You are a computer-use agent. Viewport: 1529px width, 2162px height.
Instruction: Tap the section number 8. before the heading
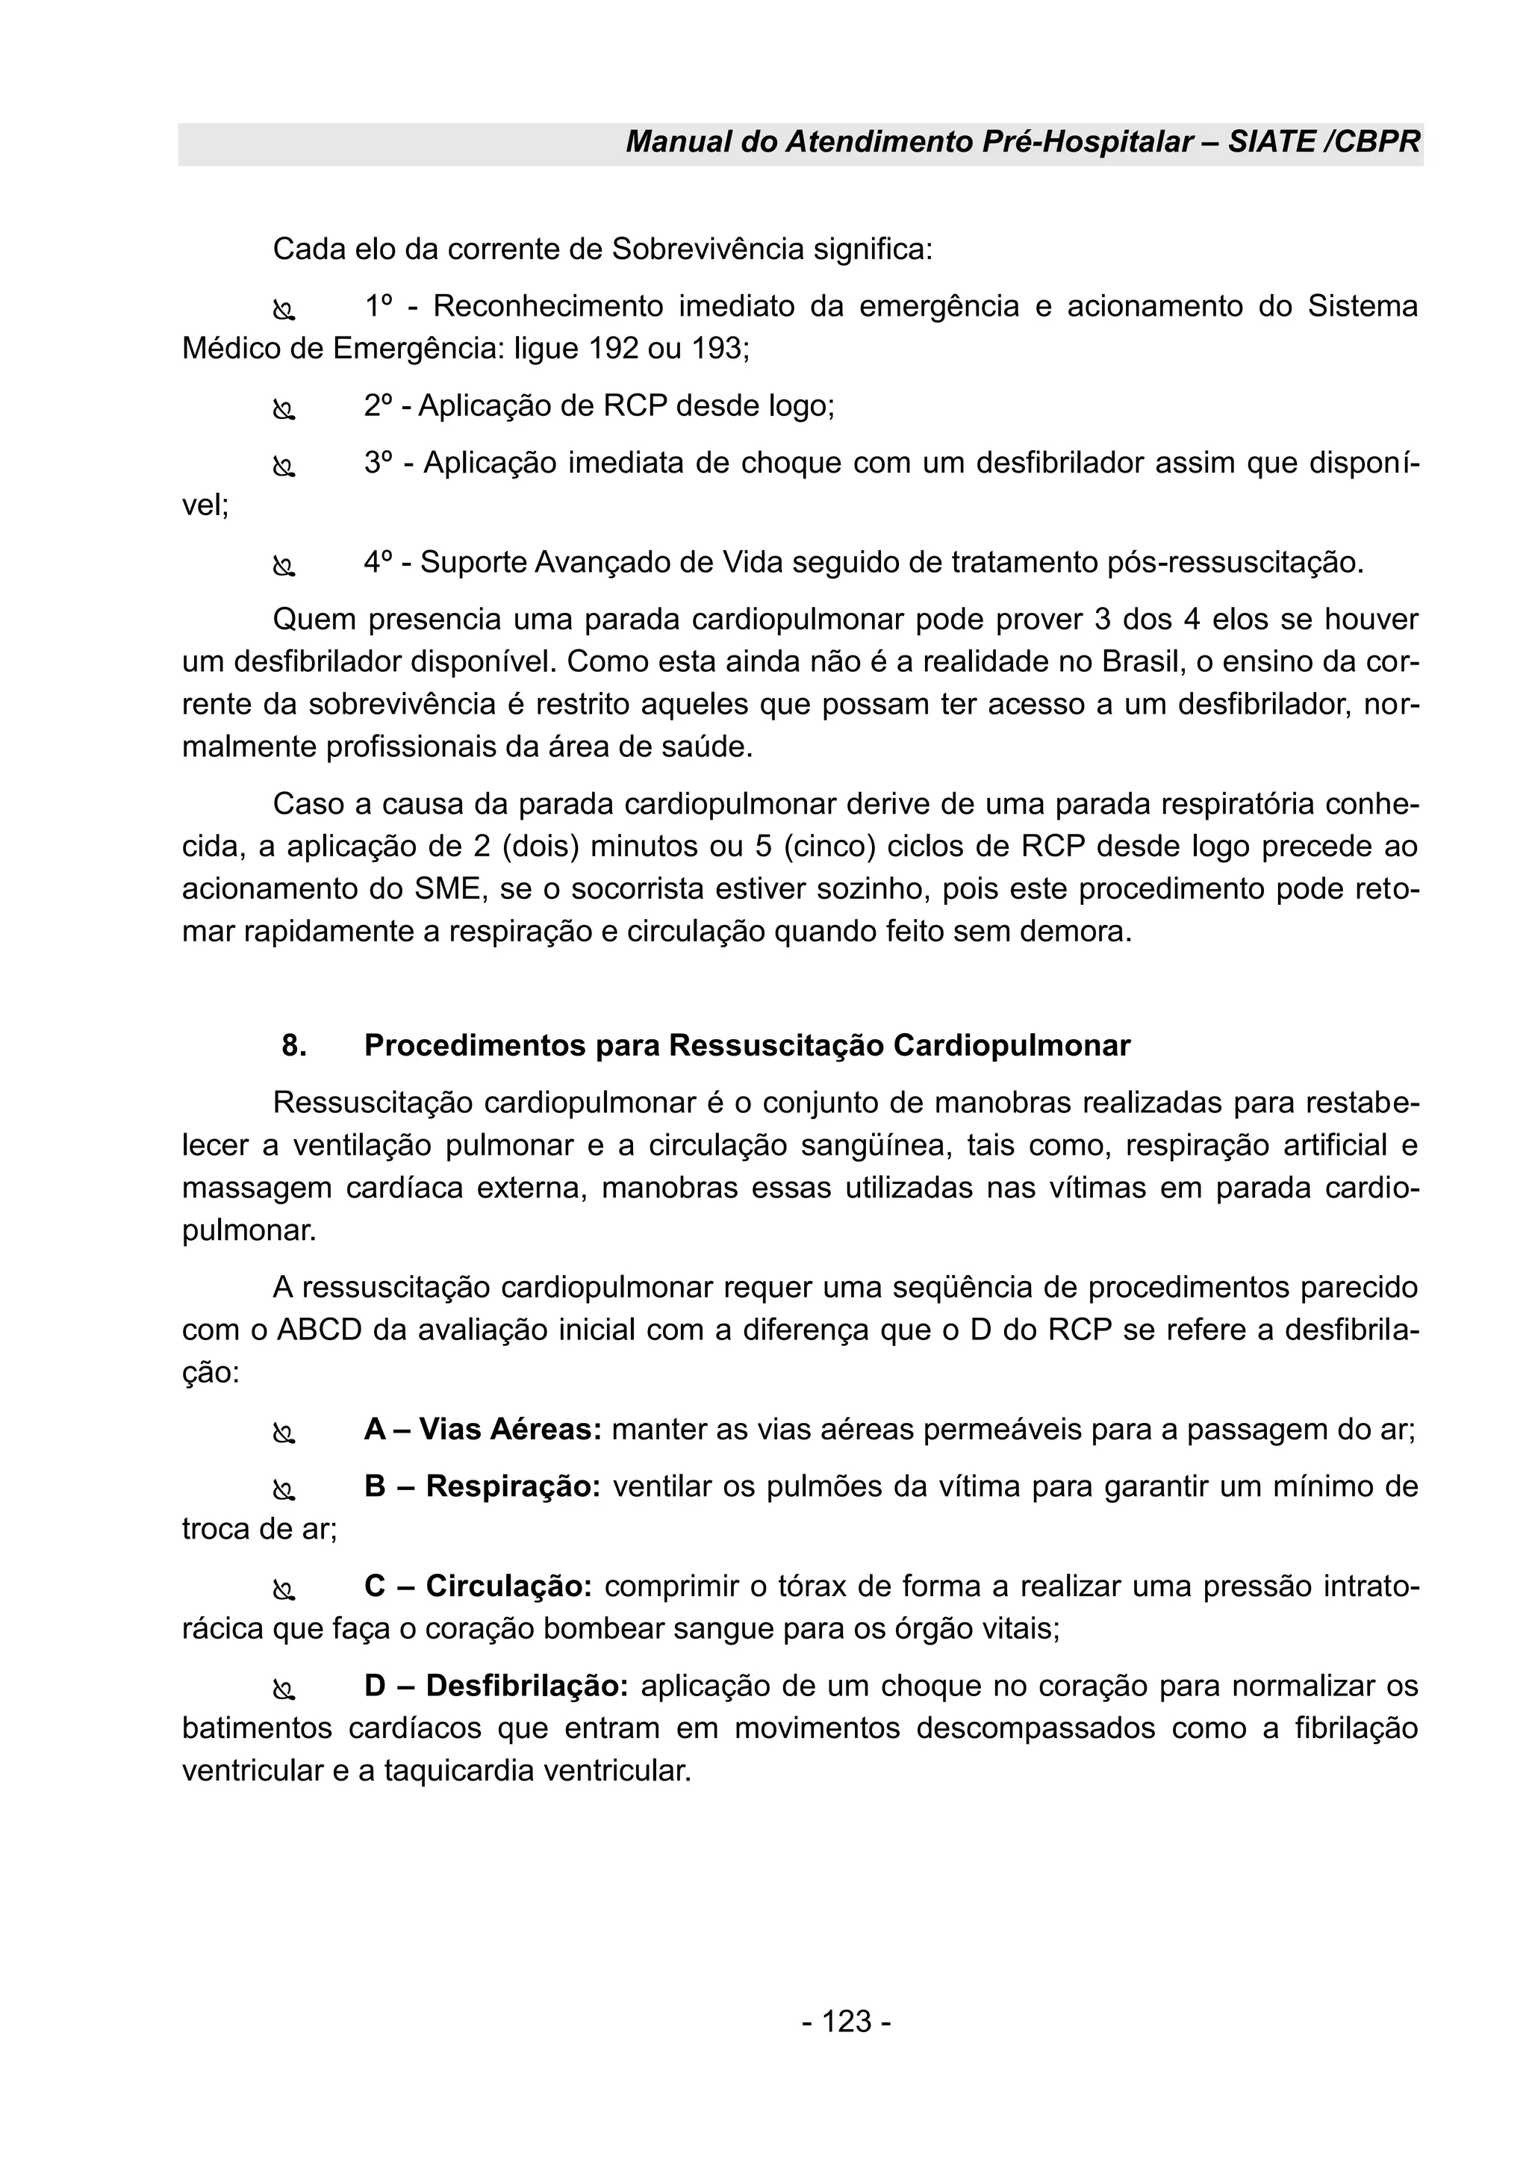[293, 1045]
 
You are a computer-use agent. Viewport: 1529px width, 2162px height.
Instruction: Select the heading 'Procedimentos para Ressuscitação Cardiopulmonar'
[747, 1045]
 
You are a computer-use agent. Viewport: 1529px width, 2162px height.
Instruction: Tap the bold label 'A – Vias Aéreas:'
[482, 1430]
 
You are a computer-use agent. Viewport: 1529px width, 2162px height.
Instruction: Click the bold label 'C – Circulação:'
[477, 1586]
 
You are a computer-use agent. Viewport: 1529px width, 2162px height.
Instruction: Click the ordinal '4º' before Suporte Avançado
[379, 562]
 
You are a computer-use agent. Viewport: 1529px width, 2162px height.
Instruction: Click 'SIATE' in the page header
[1289, 142]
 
